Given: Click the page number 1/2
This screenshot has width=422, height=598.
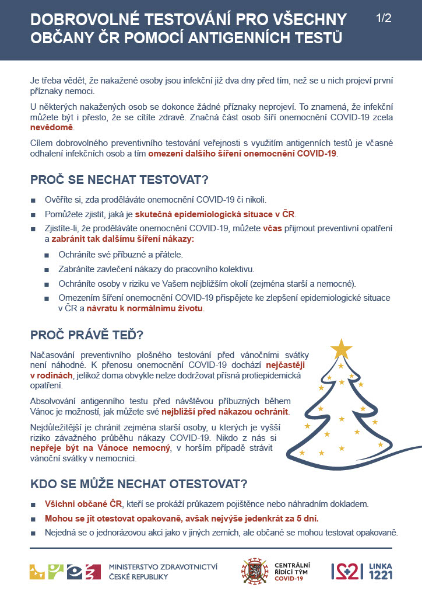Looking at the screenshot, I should point(383,18).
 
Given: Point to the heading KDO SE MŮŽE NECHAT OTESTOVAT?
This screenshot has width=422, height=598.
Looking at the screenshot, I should point(139,484).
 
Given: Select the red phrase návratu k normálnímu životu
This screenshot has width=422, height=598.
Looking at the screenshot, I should point(154,309).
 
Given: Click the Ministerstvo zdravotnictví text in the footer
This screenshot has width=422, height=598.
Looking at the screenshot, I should point(163,566).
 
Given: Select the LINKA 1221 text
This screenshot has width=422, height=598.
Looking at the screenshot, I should point(381,572).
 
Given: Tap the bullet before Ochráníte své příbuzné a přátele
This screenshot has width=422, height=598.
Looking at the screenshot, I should point(47,255).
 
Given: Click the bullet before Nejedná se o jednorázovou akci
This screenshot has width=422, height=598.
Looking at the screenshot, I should point(34,533).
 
